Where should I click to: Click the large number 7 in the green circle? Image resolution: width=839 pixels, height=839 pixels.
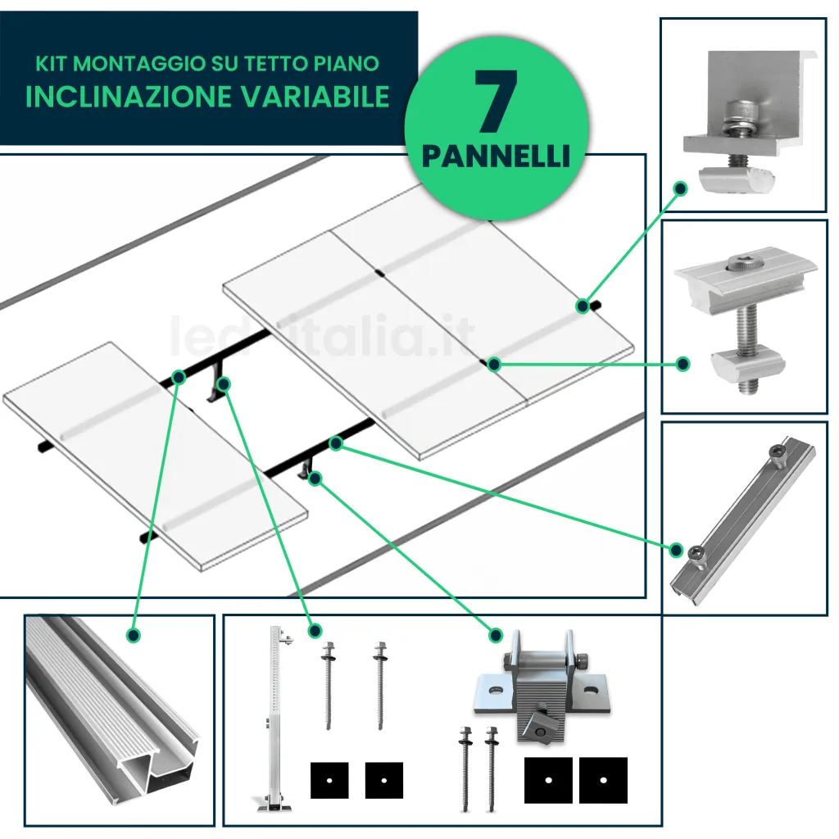click(496, 102)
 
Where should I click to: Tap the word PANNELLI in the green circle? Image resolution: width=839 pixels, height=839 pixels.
click(496, 156)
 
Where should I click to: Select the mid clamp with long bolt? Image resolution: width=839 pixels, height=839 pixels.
click(744, 320)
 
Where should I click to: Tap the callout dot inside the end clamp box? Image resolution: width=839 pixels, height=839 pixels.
click(679, 188)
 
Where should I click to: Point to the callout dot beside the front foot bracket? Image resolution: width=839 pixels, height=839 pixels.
click(495, 635)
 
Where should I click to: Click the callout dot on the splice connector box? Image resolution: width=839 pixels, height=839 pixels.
click(677, 549)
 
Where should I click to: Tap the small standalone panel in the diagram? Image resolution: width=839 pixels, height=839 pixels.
click(156, 455)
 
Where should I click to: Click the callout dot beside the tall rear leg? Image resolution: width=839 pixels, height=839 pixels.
click(315, 631)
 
